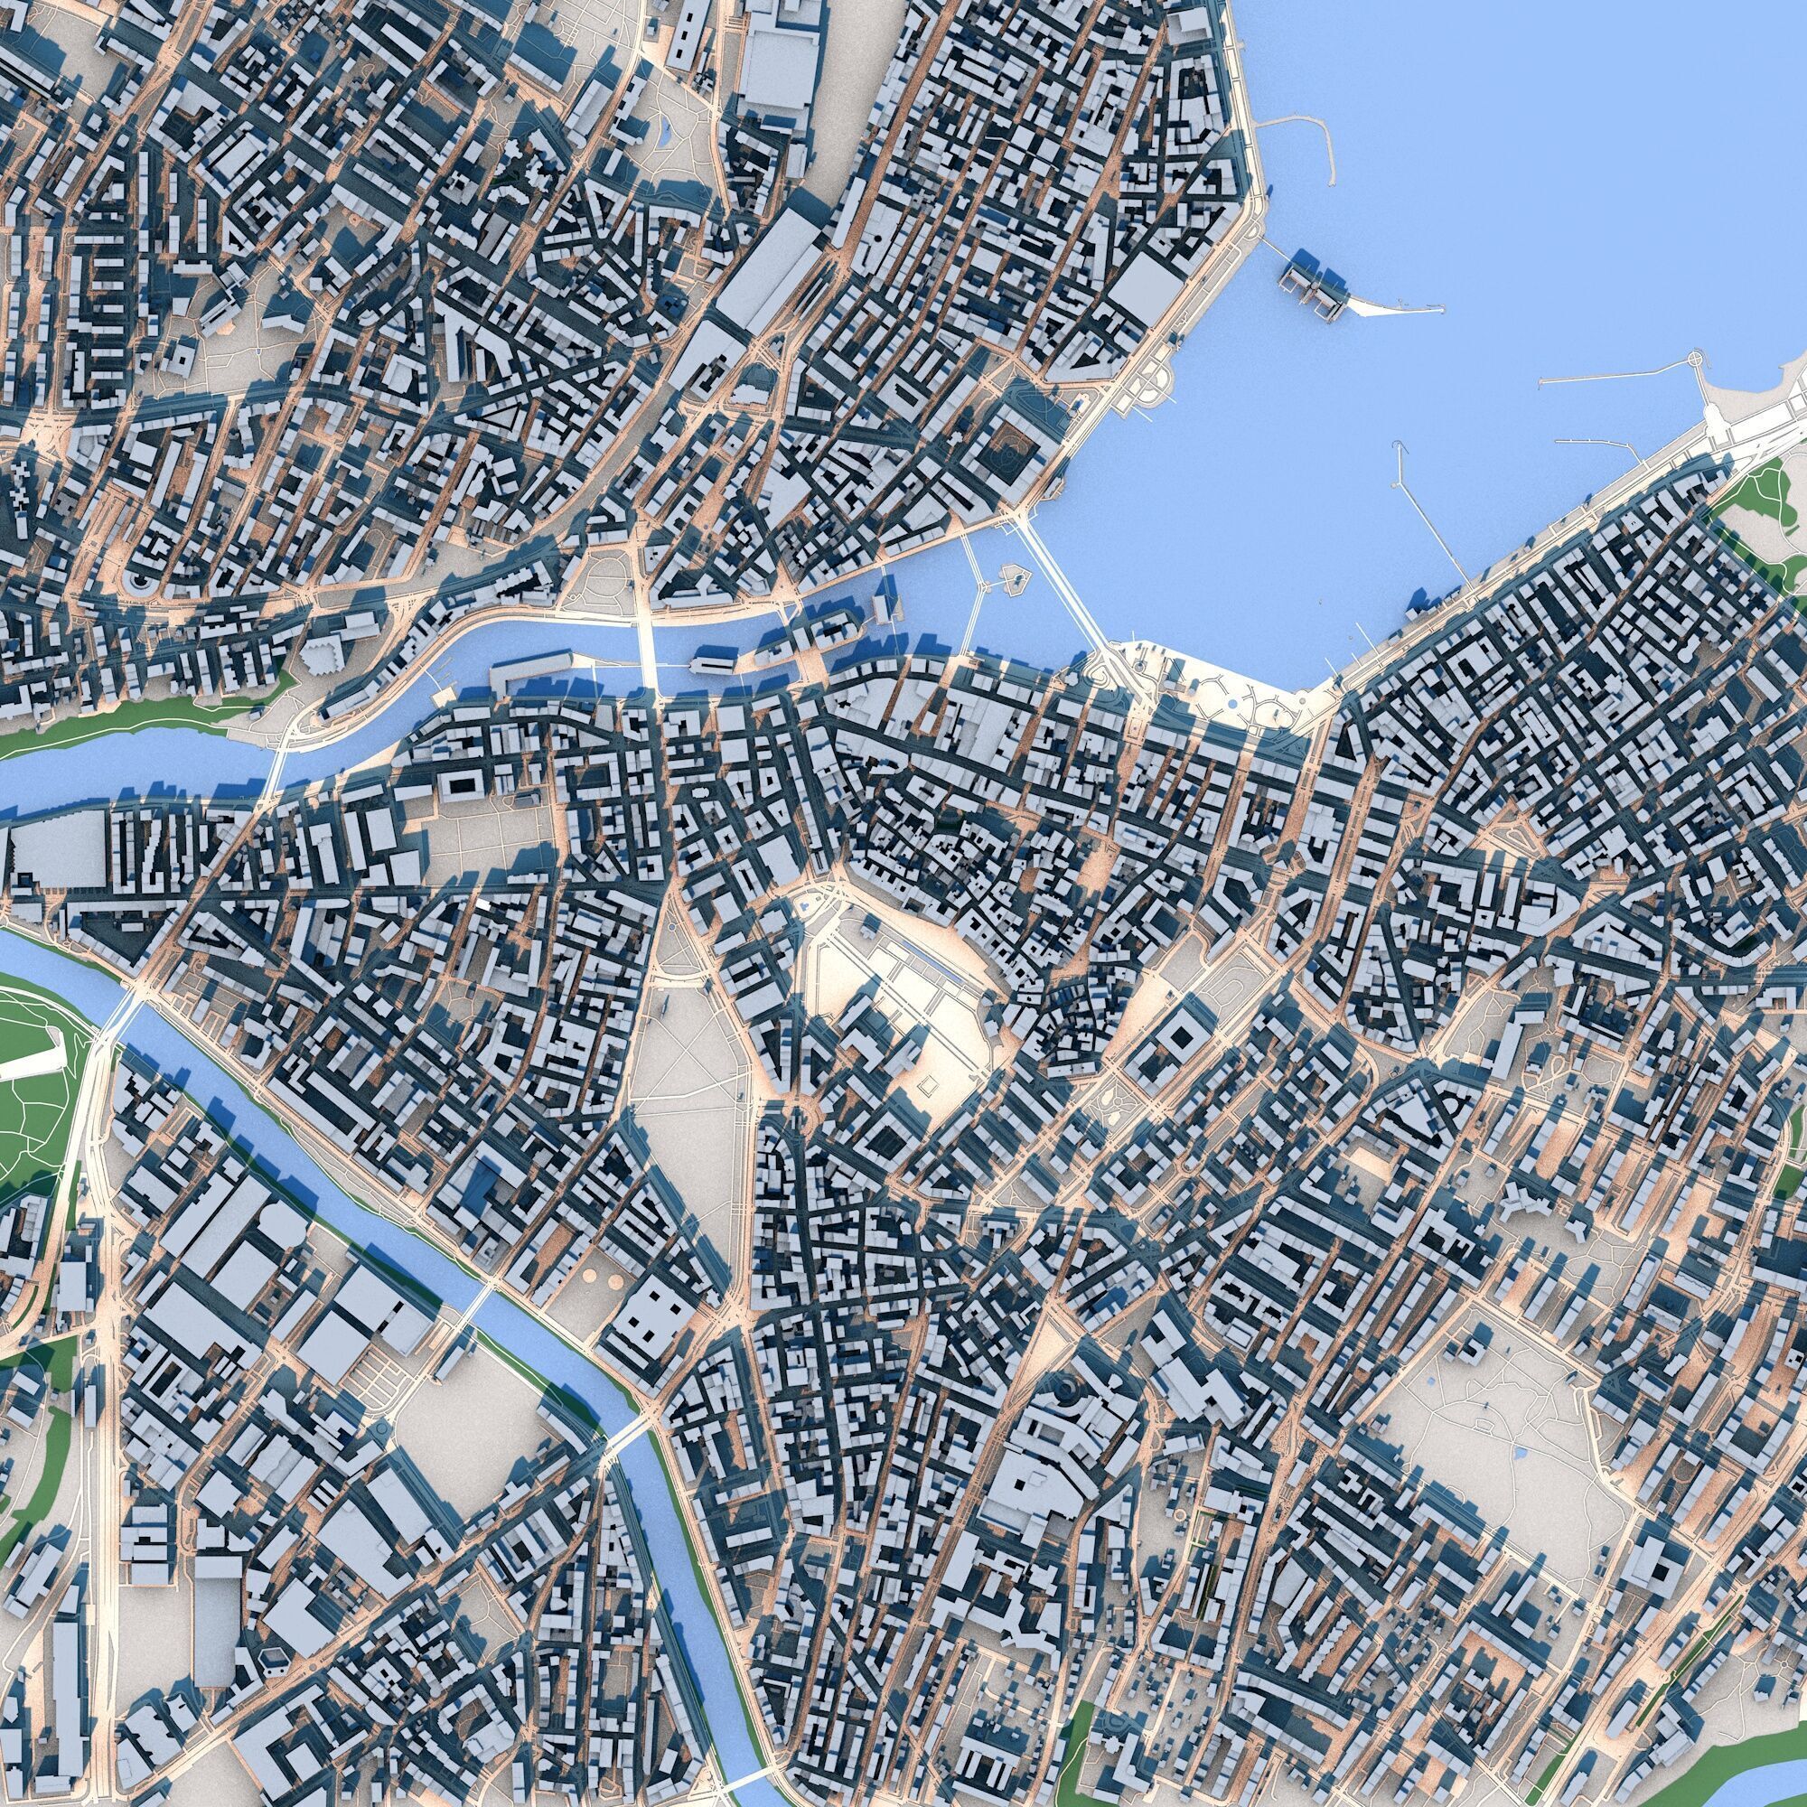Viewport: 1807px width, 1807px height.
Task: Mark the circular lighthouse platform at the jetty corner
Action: (x=1696, y=360)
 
